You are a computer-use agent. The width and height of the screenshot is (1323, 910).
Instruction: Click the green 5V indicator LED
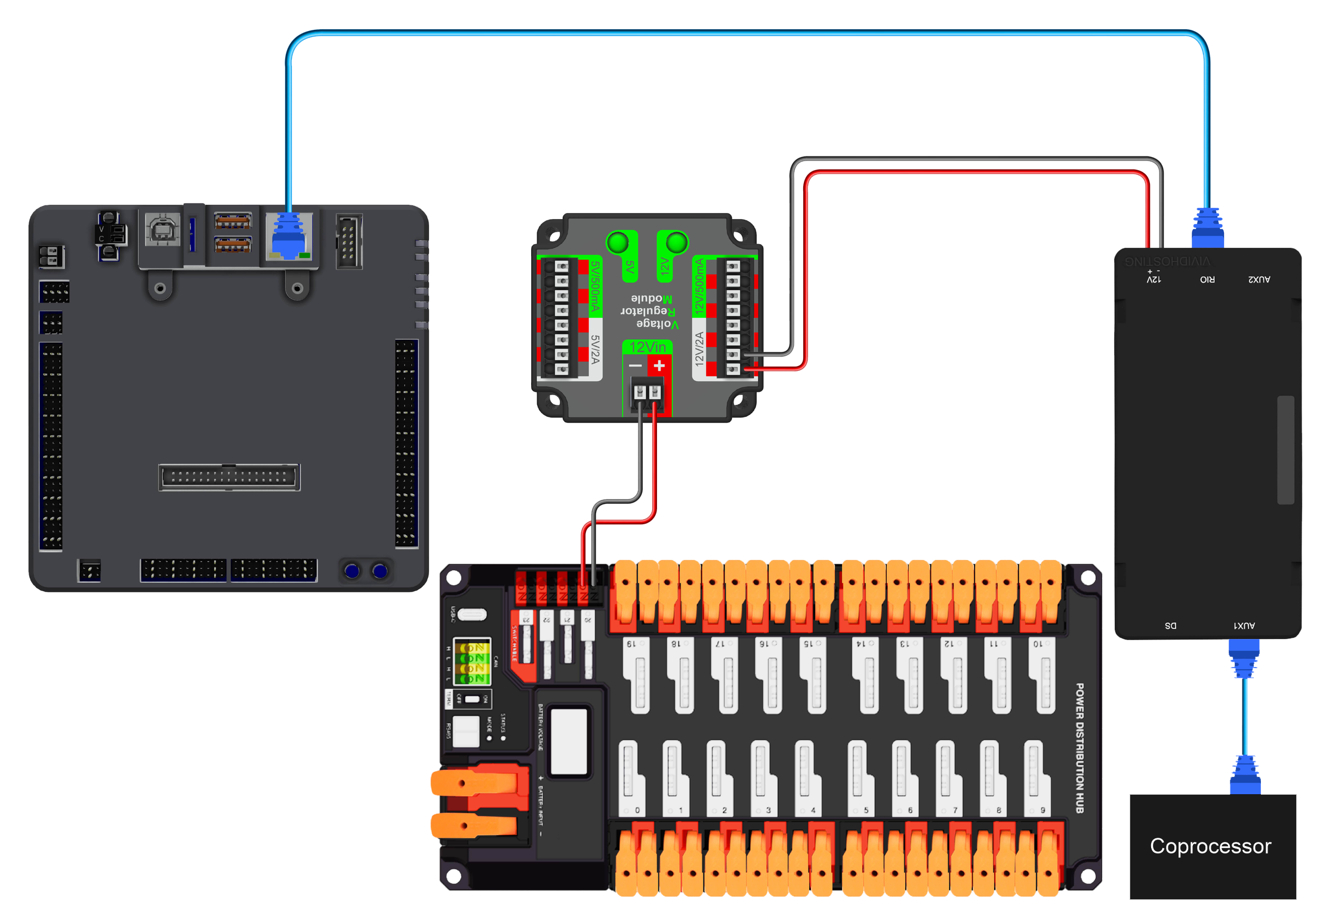click(617, 242)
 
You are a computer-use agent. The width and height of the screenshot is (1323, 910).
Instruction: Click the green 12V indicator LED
click(676, 242)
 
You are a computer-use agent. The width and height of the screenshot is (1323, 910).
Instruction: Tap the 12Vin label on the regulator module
click(647, 347)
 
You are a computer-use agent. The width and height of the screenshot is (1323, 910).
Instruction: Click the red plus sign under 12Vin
click(659, 365)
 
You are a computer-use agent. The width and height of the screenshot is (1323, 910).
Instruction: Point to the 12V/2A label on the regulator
click(699, 349)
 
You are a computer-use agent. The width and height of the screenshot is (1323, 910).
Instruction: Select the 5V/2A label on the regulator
click(594, 349)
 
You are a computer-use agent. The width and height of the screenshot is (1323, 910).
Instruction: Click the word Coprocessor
click(1210, 846)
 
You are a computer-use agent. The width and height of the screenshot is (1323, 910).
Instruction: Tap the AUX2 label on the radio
click(1259, 279)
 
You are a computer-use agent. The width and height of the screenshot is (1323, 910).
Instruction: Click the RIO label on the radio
click(1207, 279)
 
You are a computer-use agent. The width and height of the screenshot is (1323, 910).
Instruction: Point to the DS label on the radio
click(1170, 626)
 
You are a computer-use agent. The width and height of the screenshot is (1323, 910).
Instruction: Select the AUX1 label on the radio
click(1244, 626)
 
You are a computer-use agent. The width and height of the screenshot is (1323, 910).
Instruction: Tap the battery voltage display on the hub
click(568, 741)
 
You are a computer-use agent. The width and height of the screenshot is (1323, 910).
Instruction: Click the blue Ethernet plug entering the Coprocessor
click(1245, 775)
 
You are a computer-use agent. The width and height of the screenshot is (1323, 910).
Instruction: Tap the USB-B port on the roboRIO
click(162, 229)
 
